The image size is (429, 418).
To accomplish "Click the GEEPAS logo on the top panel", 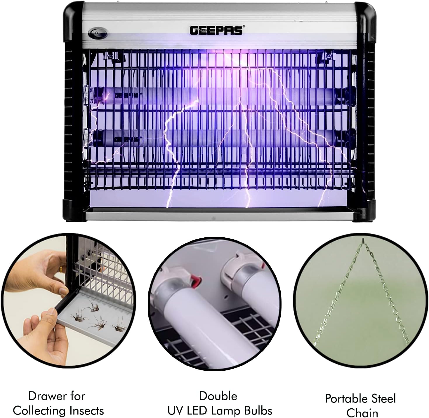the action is (217, 30).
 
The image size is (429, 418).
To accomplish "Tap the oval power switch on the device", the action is (98, 33).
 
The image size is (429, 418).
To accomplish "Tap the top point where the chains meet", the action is (363, 240).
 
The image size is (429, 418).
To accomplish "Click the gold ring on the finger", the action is (60, 269).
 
